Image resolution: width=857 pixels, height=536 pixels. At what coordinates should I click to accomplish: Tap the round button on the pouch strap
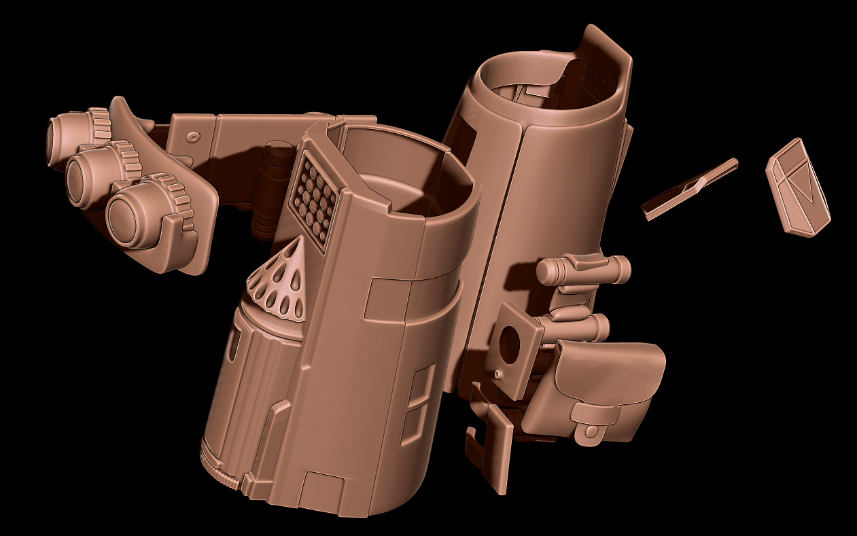[592, 431]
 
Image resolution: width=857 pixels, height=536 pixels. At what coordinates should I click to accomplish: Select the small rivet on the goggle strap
[192, 138]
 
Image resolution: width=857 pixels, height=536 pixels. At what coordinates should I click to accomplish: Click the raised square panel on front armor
[387, 299]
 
